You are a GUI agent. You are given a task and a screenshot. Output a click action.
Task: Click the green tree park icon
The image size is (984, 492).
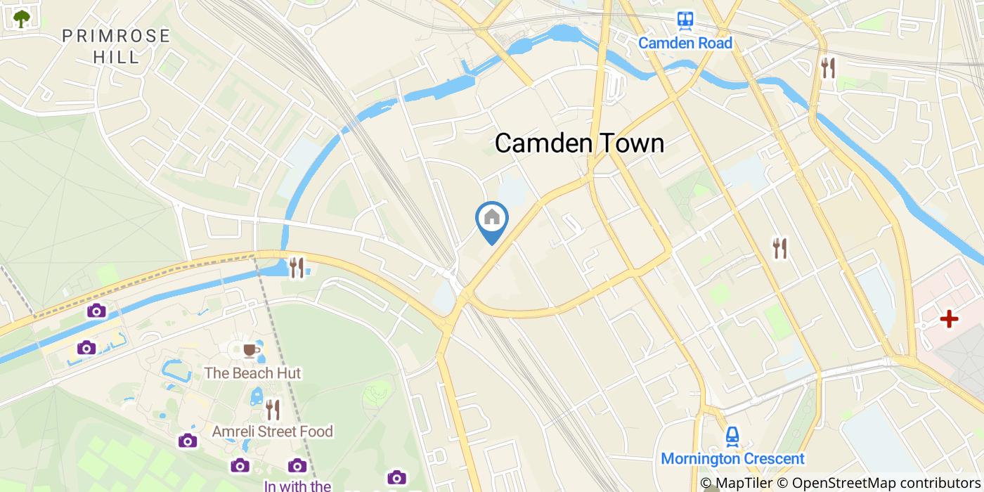pyautogui.click(x=22, y=18)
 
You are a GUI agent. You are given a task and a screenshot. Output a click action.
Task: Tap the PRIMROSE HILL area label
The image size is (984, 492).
pyautogui.click(x=116, y=46)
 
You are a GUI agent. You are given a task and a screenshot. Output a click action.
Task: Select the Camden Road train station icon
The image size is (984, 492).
pyautogui.click(x=685, y=20)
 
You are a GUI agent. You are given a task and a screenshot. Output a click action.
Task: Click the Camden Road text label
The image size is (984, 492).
pyautogui.click(x=685, y=44)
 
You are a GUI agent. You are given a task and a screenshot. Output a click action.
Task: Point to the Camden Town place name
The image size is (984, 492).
pyautogui.click(x=579, y=143)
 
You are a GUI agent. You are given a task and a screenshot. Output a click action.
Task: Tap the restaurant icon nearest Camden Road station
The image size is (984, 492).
pyautogui.click(x=829, y=68)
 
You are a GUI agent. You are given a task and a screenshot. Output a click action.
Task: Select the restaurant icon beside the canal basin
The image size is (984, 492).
pyautogui.click(x=297, y=267)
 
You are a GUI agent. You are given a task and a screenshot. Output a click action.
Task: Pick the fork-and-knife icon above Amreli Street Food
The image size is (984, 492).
pyautogui.click(x=273, y=410)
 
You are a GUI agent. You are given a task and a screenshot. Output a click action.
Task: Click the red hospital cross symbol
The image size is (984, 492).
pyautogui.click(x=949, y=319)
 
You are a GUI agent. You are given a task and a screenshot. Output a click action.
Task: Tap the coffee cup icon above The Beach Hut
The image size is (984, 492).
pyautogui.click(x=251, y=350)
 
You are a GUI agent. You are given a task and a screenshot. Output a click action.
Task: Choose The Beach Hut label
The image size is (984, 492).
pyautogui.click(x=252, y=373)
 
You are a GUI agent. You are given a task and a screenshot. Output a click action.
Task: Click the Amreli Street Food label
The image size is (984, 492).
pyautogui.click(x=273, y=432)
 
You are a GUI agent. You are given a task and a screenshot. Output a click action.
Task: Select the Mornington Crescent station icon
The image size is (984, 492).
pyautogui.click(x=732, y=436)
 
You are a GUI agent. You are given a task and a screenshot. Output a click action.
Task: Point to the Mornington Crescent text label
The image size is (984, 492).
pyautogui.click(x=732, y=460)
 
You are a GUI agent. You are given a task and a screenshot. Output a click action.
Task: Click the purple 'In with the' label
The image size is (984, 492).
pyautogui.click(x=297, y=485)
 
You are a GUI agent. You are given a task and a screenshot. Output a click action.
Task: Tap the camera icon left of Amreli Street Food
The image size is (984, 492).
pyautogui.click(x=188, y=441)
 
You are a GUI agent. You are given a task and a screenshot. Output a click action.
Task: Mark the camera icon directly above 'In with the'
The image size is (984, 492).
pyautogui.click(x=297, y=465)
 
